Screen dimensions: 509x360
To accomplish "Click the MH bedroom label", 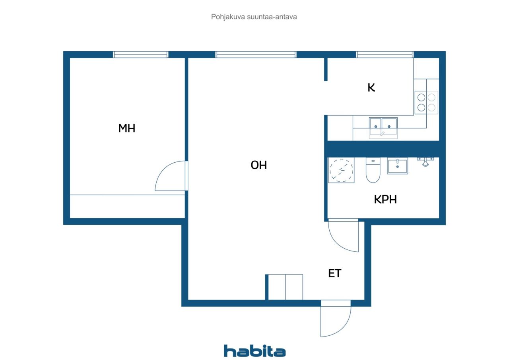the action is click(x=127, y=128).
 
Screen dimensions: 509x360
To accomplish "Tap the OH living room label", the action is click(x=258, y=165).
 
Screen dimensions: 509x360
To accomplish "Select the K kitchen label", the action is click(x=371, y=88).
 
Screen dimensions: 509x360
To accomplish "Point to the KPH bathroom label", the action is click(x=385, y=200).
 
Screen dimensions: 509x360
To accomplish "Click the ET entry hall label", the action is click(x=335, y=273).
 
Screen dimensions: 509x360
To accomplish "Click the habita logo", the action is click(x=255, y=351).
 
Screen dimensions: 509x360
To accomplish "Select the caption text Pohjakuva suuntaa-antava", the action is click(x=254, y=17).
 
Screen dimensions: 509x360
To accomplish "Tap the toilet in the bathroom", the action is click(x=373, y=170).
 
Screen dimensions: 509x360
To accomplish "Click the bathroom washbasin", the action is click(x=397, y=166).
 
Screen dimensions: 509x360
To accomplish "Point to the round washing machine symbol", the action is click(x=341, y=170).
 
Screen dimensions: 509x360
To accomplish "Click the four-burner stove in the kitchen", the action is click(x=426, y=103).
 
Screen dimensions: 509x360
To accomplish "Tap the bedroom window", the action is click(x=141, y=54).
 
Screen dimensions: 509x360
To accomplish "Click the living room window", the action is click(x=256, y=54).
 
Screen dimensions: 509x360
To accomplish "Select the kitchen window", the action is click(x=385, y=54).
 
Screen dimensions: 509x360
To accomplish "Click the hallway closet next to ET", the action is click(x=286, y=287).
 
